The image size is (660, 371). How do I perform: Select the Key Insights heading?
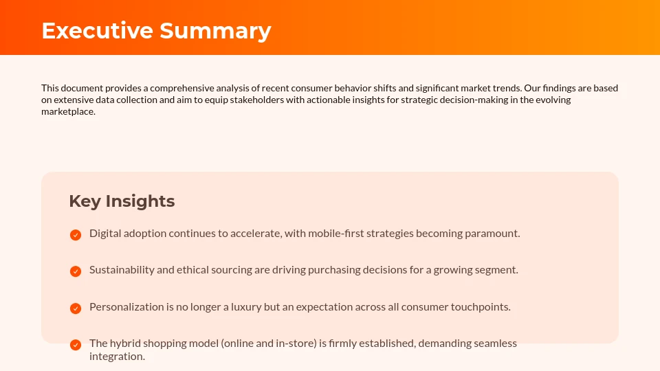click(122, 201)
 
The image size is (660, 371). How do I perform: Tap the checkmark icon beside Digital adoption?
click(76, 235)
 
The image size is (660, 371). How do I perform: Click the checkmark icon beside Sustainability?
click(76, 271)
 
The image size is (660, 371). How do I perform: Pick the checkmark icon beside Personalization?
click(76, 308)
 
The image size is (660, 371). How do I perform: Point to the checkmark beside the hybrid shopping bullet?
click(76, 345)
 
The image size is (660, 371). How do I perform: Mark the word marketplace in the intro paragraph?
click(67, 112)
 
